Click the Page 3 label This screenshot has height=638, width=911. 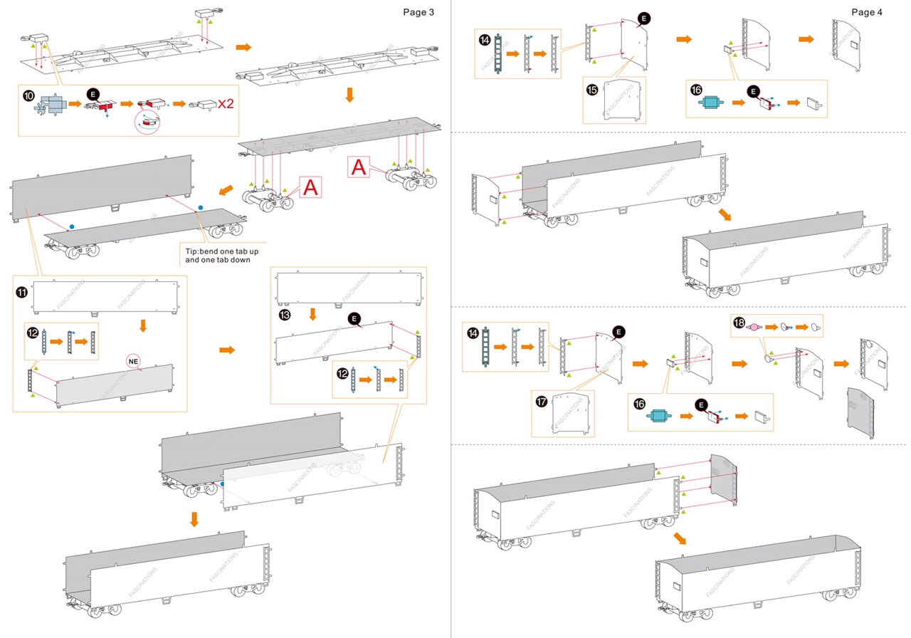point(418,11)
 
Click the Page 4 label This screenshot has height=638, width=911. point(867,11)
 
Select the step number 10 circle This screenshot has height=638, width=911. point(28,95)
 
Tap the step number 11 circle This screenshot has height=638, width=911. point(22,290)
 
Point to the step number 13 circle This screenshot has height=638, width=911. point(285,314)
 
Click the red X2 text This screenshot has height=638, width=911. point(226,104)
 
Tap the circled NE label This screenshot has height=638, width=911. point(133,360)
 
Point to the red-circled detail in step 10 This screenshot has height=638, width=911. point(148,122)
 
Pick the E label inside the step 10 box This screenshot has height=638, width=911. point(93,94)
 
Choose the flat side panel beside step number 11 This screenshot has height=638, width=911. point(105,296)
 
